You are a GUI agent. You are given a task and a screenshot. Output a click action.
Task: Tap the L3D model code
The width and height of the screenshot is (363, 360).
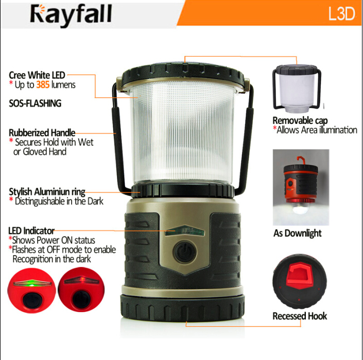coord(341,14)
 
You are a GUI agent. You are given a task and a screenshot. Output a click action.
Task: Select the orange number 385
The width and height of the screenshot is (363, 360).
coord(42,85)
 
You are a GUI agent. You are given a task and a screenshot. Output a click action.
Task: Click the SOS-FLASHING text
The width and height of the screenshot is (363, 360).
coord(35,103)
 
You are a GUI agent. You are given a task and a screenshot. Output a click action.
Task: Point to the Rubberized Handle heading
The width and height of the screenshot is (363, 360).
coord(42,133)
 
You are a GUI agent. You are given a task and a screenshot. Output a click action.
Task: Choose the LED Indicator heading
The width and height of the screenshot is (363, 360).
coord(31,230)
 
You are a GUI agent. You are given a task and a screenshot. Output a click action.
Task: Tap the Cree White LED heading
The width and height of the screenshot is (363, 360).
coord(38,76)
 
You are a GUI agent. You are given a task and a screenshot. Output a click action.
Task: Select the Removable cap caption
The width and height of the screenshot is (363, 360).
coord(300,121)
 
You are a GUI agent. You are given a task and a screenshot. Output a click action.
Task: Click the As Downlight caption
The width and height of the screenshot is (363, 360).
coord(298,233)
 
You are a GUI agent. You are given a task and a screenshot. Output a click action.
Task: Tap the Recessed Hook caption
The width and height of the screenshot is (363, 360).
coord(300,316)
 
